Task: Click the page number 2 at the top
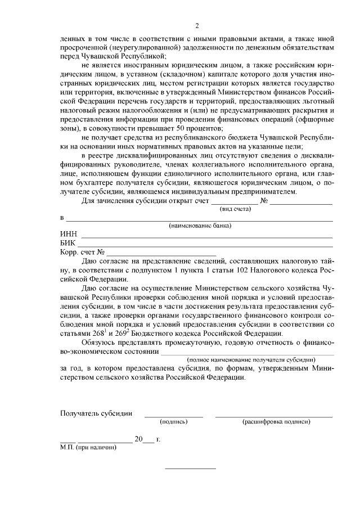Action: click(x=196, y=26)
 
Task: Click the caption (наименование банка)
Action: click(x=200, y=226)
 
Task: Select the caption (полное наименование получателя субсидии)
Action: click(x=251, y=359)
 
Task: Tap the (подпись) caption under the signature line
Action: click(x=174, y=421)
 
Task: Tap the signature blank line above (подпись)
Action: click(x=174, y=416)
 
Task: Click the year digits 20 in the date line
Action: click(x=138, y=439)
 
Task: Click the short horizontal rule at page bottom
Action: click(x=190, y=469)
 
